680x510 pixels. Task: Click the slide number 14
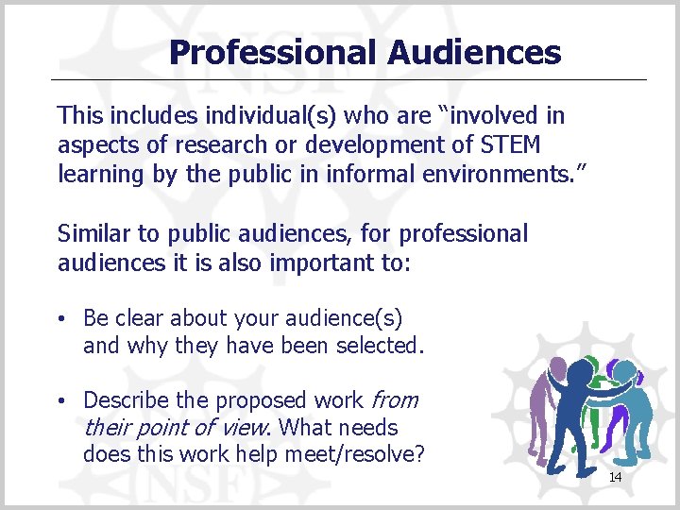click(615, 478)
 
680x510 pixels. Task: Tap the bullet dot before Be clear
click(61, 318)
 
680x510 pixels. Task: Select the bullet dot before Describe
click(61, 401)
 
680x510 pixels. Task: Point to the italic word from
click(396, 400)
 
